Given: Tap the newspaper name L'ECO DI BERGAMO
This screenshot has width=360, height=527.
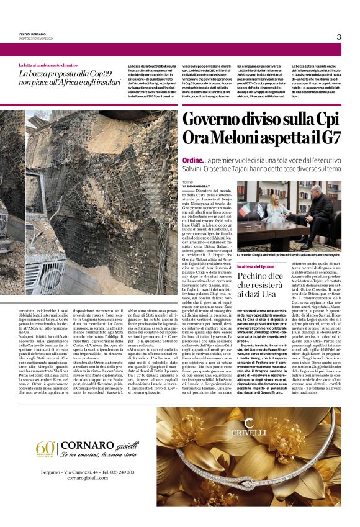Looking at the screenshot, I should [x=32, y=34].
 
